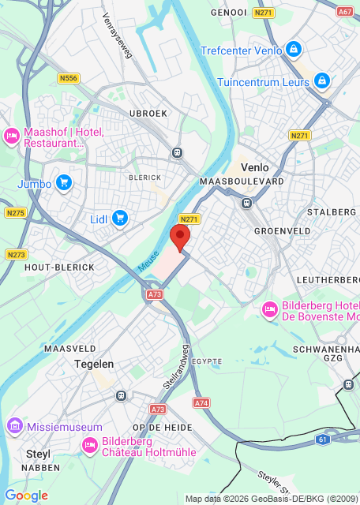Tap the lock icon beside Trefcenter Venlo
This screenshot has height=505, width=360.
[x=294, y=50]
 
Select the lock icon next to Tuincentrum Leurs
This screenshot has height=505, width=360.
[x=321, y=80]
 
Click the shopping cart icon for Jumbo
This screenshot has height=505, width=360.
[x=63, y=184]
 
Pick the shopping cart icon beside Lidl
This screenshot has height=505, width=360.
[x=120, y=218]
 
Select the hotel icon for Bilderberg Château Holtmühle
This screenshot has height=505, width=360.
[x=90, y=446]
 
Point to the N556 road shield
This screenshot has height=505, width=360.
[x=69, y=78]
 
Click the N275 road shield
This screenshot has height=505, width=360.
[x=16, y=212]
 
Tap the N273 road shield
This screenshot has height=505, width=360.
[x=16, y=254]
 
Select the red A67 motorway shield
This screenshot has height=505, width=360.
[x=345, y=12]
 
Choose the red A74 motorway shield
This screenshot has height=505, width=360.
[x=201, y=402]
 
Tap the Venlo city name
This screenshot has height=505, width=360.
[x=254, y=167]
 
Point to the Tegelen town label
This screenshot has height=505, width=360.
[x=94, y=364]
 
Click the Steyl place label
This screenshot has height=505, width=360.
[x=39, y=454]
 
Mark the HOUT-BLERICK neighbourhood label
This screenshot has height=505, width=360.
[x=59, y=267]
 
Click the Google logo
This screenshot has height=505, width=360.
[x=26, y=496]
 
